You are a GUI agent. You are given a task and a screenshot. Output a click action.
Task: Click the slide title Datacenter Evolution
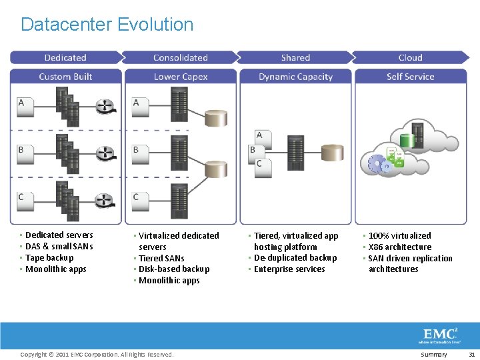pos(107,25)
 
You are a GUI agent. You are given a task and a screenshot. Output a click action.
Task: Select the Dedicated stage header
pos(65,58)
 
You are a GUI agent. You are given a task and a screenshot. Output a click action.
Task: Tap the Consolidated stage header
pos(180,58)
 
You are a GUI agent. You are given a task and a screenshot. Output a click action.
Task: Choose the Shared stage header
pos(295,58)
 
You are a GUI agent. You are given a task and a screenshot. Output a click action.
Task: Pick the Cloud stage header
pos(411,58)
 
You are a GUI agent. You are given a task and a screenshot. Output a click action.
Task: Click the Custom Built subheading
pos(65,77)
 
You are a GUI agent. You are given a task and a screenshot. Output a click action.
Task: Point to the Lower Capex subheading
pos(180,77)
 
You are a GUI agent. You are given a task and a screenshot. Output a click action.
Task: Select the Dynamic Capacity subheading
pos(295,77)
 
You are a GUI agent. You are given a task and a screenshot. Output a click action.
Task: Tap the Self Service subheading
pos(411,77)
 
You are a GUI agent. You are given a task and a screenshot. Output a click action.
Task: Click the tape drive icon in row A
pos(105,106)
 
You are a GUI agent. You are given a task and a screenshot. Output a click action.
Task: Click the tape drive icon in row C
pos(105,200)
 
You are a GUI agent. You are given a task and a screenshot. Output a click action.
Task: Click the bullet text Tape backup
pos(49,258)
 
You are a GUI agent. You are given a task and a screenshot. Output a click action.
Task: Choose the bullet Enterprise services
pos(289,269)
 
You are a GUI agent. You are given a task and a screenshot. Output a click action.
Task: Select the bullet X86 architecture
pos(400,247)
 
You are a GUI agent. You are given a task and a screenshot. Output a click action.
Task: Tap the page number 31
pos(471,355)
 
